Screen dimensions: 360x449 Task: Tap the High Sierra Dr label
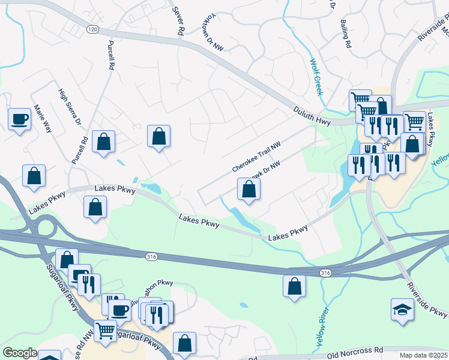click(x=69, y=107)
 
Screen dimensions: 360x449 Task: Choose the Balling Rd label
click(x=346, y=34)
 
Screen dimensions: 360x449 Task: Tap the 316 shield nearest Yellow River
click(x=325, y=273)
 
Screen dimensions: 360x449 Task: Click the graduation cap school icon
click(x=402, y=310)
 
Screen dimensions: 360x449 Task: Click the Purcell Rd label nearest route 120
click(x=110, y=55)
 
